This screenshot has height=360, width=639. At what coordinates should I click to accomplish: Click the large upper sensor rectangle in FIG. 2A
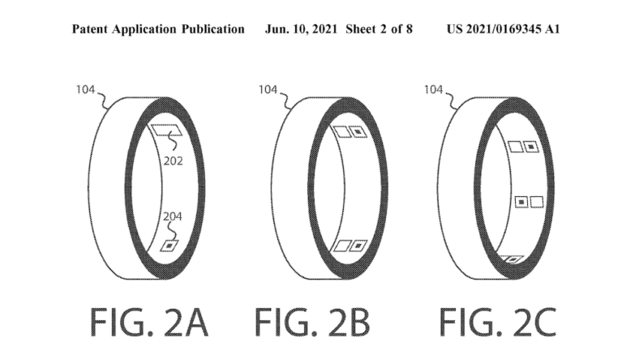pyautogui.click(x=168, y=130)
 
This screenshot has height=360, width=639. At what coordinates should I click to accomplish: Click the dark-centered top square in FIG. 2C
pyautogui.click(x=530, y=147)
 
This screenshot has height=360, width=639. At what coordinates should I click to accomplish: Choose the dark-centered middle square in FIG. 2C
pyautogui.click(x=521, y=200)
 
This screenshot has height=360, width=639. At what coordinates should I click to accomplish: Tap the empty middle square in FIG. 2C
pyautogui.click(x=536, y=200)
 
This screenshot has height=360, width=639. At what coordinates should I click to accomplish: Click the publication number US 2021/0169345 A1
pyautogui.click(x=503, y=29)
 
